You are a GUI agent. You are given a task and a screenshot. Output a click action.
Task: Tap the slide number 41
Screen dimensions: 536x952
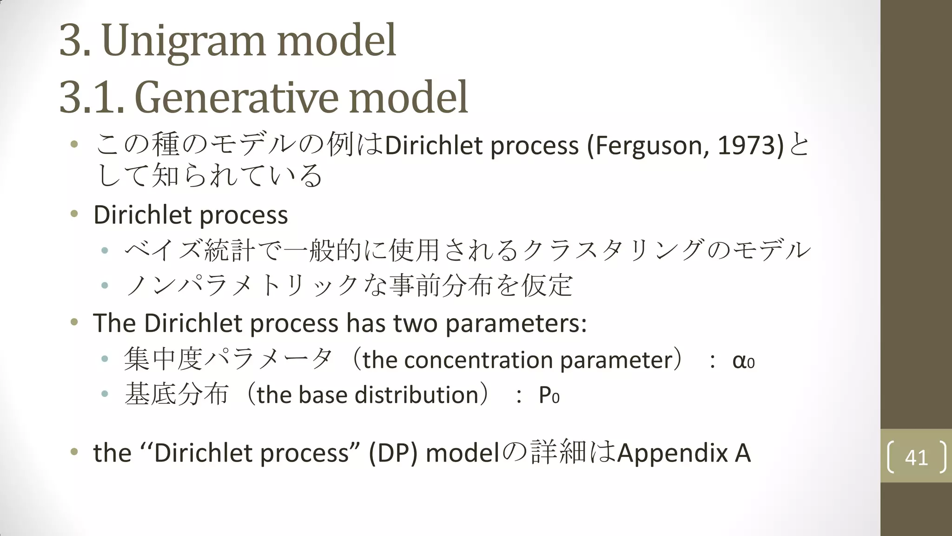point(916,457)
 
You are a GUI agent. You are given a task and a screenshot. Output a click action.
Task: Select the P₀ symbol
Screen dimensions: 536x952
point(549,395)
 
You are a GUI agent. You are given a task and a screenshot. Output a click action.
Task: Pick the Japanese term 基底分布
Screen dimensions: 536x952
point(177,395)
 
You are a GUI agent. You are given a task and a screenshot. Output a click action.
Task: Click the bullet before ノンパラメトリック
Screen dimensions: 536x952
point(105,285)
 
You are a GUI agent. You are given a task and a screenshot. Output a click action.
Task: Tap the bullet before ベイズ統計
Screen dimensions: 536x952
point(105,250)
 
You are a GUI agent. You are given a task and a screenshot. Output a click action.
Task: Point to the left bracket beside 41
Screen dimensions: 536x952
point(891,457)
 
